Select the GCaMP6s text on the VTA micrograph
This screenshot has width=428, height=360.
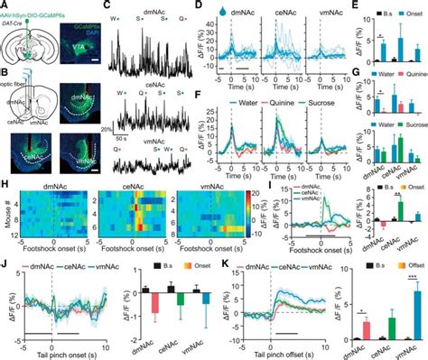[82, 9]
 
